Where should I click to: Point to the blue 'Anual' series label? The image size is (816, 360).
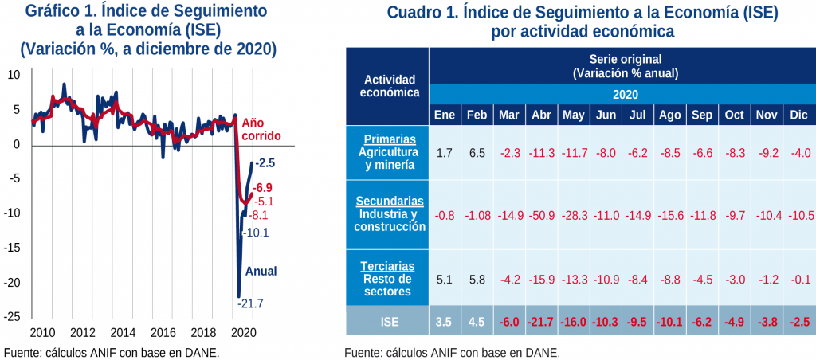pos(261,271)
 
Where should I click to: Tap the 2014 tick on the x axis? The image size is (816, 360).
pos(122,331)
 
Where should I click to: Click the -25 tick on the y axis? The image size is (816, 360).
pos(14,316)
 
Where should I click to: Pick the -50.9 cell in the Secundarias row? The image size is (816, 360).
pos(541,215)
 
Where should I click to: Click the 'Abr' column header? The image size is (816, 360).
pos(541,115)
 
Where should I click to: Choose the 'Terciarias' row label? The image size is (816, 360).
pos(386,267)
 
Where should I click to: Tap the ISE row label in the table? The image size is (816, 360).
pos(386,321)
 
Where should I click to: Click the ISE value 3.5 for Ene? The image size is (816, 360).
pos(444,321)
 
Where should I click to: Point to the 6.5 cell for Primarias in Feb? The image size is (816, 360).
pos(477,152)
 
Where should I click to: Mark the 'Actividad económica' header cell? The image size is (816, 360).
pos(386,86)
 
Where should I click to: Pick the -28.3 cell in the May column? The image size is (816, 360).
pos(574,215)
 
